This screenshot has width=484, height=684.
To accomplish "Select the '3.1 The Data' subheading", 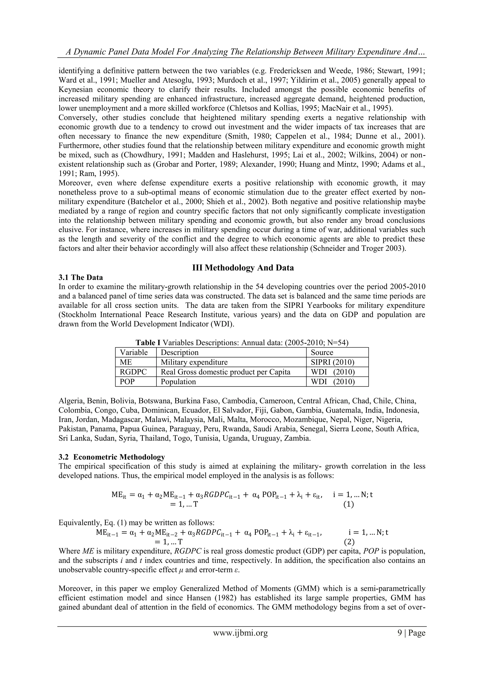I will [x=80, y=277].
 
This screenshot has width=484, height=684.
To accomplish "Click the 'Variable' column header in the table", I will [x=134, y=353].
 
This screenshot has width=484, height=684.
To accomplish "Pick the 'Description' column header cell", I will [x=179, y=353].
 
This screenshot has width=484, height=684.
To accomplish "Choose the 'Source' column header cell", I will [x=322, y=353].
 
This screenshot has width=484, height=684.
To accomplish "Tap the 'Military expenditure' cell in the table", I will [x=194, y=362].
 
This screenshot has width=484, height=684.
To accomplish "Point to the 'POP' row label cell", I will [x=127, y=382].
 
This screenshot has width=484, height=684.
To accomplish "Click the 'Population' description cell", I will [x=178, y=382].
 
